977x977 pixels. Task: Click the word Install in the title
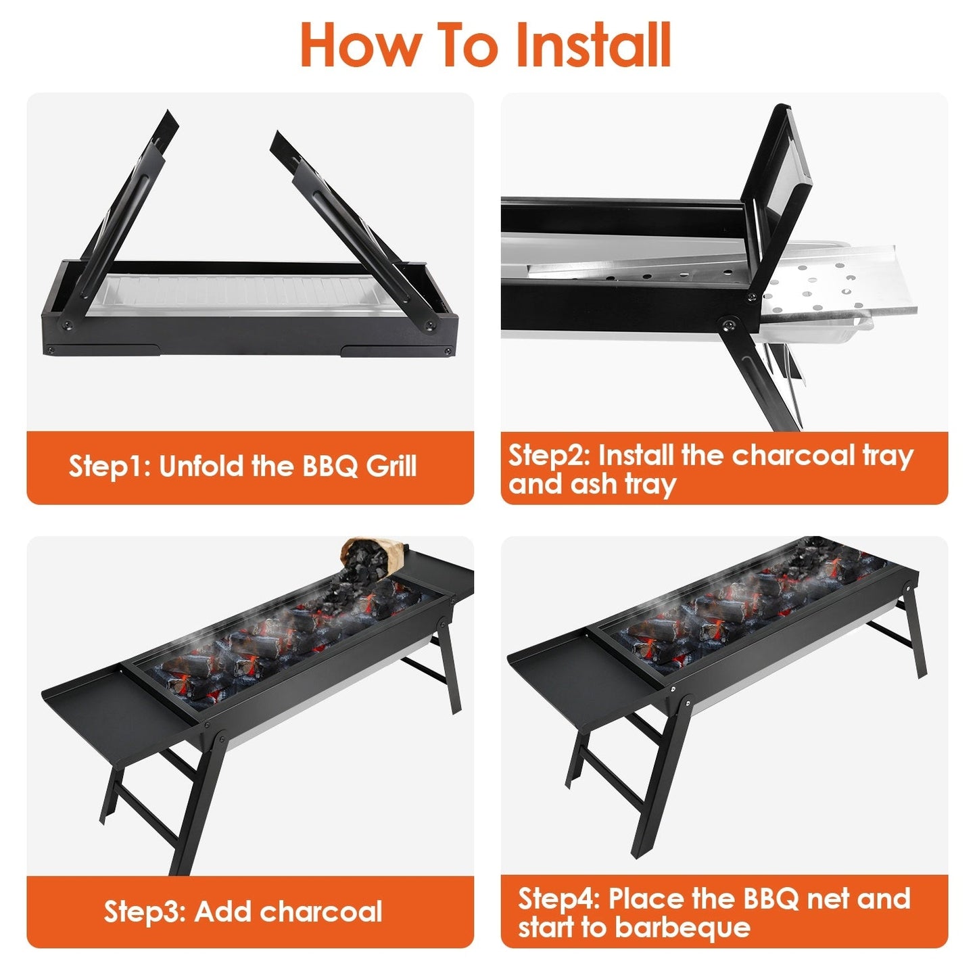[593, 45]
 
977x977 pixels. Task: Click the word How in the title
[358, 45]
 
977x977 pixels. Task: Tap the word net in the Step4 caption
[828, 899]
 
